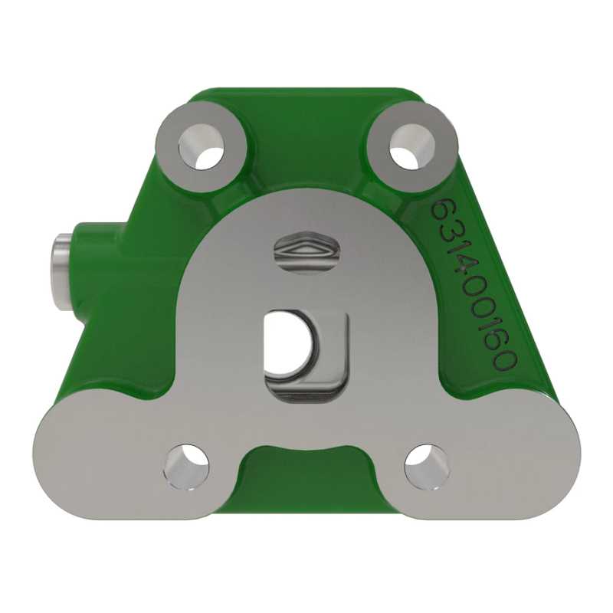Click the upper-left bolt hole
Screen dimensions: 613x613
202,146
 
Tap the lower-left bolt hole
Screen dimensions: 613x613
186,467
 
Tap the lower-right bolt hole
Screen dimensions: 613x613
428,467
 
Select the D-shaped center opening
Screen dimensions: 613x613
289,344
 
